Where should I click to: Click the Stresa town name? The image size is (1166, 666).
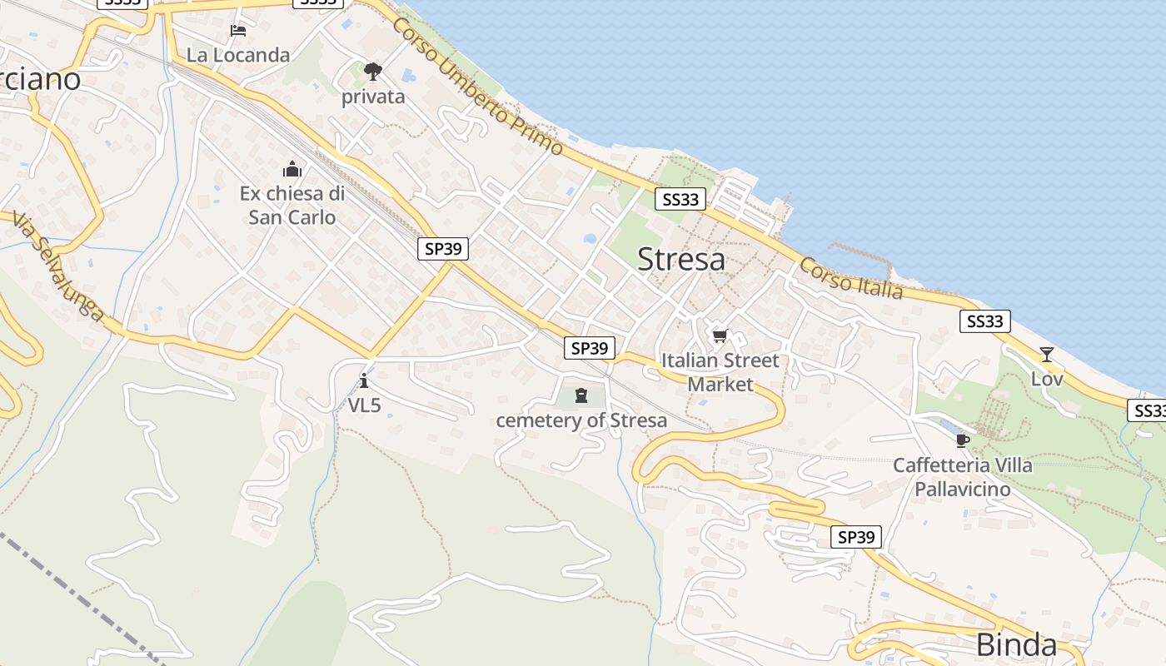(681, 259)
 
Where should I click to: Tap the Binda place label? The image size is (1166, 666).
(1016, 644)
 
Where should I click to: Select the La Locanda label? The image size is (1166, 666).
(238, 55)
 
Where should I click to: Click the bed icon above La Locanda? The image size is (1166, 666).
(238, 32)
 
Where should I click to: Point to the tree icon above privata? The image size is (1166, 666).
(372, 72)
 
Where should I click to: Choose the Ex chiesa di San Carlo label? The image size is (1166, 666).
(292, 206)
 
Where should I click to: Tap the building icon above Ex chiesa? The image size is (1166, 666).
(292, 170)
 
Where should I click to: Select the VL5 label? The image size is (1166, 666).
(364, 405)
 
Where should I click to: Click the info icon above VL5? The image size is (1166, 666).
(364, 382)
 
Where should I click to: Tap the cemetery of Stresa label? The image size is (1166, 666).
(581, 420)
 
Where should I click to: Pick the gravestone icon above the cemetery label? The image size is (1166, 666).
(581, 395)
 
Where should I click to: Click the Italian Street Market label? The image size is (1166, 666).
(720, 372)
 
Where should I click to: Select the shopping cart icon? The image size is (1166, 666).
(720, 336)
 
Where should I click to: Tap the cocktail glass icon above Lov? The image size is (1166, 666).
(1046, 355)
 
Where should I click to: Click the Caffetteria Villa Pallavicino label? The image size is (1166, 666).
(963, 477)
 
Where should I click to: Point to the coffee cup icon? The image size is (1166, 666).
(963, 440)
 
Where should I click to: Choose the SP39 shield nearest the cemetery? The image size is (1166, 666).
(590, 348)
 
